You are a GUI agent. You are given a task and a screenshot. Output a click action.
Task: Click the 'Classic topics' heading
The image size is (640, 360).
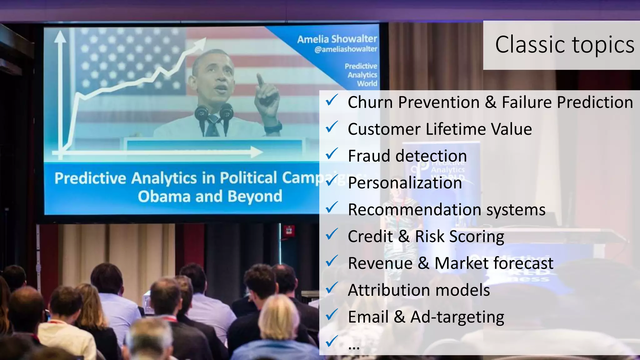[564, 45]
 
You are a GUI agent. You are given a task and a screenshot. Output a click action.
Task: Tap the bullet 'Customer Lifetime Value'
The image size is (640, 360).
[440, 129]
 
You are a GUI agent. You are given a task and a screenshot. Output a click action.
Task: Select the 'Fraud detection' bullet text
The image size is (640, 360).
[407, 156]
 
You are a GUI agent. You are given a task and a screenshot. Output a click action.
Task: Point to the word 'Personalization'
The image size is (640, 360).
[405, 183]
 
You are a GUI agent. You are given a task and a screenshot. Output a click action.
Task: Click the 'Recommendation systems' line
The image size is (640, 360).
[447, 210]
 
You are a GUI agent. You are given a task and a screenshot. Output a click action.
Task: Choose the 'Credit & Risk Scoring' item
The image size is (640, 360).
[426, 237]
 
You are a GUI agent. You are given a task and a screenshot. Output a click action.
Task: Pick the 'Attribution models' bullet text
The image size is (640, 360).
[419, 290]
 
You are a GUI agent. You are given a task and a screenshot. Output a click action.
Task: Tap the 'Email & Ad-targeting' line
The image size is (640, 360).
[426, 317]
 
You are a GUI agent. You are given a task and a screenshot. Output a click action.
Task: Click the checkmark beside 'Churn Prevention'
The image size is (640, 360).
[331, 101]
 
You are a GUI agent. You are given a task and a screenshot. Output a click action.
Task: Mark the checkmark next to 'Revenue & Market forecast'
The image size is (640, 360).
[331, 261]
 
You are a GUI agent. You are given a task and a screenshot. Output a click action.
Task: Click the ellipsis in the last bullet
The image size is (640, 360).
[354, 347]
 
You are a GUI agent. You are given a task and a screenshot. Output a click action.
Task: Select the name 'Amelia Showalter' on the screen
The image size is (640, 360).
[337, 39]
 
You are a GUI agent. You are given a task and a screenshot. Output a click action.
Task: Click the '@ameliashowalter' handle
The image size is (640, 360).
[346, 49]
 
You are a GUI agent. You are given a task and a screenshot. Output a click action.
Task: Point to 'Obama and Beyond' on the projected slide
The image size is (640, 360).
[210, 197]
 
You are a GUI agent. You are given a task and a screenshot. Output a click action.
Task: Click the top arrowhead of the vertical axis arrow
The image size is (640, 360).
[60, 36]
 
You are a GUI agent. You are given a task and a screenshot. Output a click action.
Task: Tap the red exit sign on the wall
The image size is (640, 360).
[289, 231]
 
